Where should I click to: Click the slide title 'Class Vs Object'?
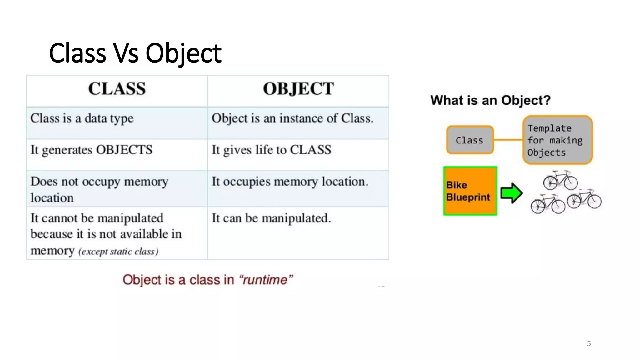(x=135, y=53)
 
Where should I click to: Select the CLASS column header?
(x=117, y=88)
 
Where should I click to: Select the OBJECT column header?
(x=298, y=88)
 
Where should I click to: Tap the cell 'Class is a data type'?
(x=82, y=118)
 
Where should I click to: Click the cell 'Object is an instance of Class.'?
(x=292, y=118)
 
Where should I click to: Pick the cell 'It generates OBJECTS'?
(x=91, y=150)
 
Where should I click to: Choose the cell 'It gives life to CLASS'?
(x=271, y=150)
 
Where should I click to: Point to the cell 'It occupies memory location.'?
(x=290, y=182)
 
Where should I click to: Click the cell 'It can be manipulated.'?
(x=271, y=218)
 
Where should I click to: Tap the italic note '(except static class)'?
(x=118, y=252)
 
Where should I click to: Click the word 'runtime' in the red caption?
(x=265, y=280)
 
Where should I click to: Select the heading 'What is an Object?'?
(x=490, y=100)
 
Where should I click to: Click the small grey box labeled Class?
(x=470, y=140)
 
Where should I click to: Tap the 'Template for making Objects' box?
(x=557, y=140)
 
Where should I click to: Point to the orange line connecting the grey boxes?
(x=508, y=140)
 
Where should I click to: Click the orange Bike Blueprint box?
(x=470, y=191)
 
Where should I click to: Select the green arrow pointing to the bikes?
(x=511, y=193)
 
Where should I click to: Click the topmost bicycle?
(x=560, y=180)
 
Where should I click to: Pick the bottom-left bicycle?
(x=547, y=204)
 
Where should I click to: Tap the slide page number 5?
(x=589, y=344)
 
